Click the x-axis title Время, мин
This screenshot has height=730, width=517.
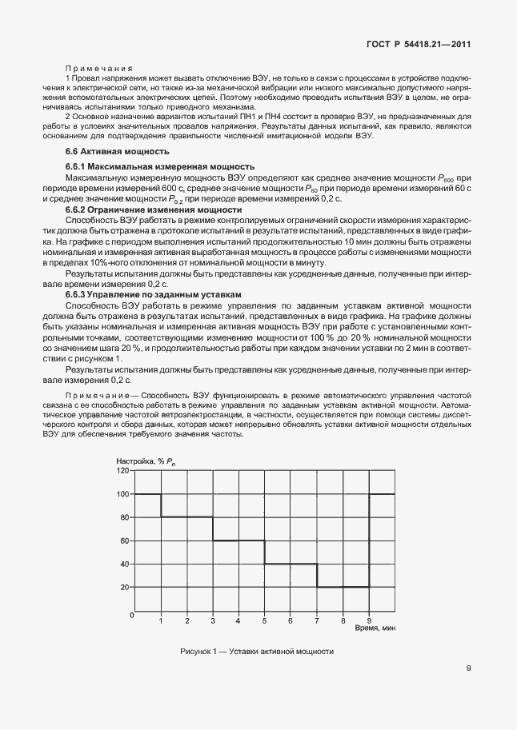coord(374,628)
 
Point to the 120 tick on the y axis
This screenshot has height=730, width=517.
coord(122,471)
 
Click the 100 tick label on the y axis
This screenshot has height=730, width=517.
coord(122,494)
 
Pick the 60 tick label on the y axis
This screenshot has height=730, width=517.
coord(124,541)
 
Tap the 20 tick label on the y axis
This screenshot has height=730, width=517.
coord(124,587)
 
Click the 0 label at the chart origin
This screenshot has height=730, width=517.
coord(130,615)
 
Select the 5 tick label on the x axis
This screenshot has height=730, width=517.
coord(265,620)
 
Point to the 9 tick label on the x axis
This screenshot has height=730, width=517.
coord(369,620)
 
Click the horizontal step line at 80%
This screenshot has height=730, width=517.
coord(186,517)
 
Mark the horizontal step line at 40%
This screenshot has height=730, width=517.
coord(291,564)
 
